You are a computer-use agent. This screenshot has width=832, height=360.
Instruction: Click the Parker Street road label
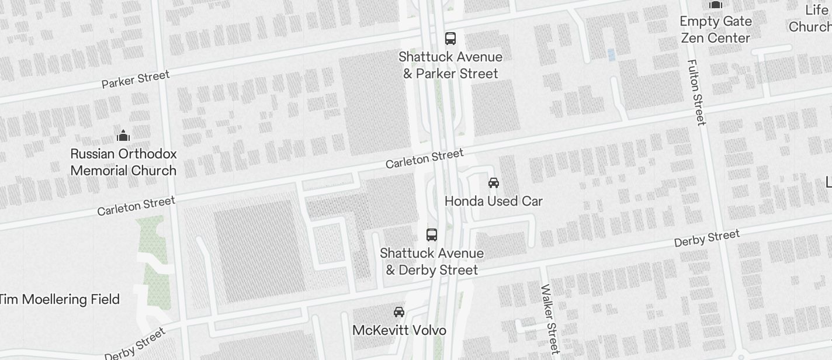[136, 79]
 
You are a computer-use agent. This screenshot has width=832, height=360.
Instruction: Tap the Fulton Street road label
[696, 92]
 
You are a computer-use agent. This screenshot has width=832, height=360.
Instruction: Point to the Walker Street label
[550, 319]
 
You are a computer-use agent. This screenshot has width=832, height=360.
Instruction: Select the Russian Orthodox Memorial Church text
[123, 162]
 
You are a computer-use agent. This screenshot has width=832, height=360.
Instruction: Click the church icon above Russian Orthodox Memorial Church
[123, 136]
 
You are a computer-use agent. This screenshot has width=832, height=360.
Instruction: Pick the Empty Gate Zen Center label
[715, 30]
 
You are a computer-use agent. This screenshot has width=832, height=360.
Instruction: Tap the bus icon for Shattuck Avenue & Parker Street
[450, 39]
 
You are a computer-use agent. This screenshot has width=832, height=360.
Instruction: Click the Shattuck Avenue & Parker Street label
[450, 65]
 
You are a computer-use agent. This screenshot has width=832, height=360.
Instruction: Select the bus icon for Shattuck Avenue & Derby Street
[432, 235]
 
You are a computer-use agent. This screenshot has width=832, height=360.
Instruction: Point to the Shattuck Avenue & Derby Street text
[432, 261]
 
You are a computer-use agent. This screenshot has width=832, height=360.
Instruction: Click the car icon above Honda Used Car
[494, 183]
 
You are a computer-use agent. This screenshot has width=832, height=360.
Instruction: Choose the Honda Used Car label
[494, 201]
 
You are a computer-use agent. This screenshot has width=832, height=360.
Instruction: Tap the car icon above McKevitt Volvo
[399, 312]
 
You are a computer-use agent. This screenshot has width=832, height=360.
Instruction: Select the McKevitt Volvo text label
[399, 330]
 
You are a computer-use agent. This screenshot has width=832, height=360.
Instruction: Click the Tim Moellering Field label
[60, 300]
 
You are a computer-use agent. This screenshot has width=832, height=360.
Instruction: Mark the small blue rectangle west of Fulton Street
[612, 55]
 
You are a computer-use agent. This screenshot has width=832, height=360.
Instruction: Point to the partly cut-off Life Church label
[812, 19]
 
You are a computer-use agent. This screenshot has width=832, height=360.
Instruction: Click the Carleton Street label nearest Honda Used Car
[424, 158]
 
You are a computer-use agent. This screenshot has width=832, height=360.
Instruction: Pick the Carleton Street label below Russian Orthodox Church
[136, 206]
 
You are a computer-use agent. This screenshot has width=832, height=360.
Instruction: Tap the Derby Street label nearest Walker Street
[707, 238]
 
